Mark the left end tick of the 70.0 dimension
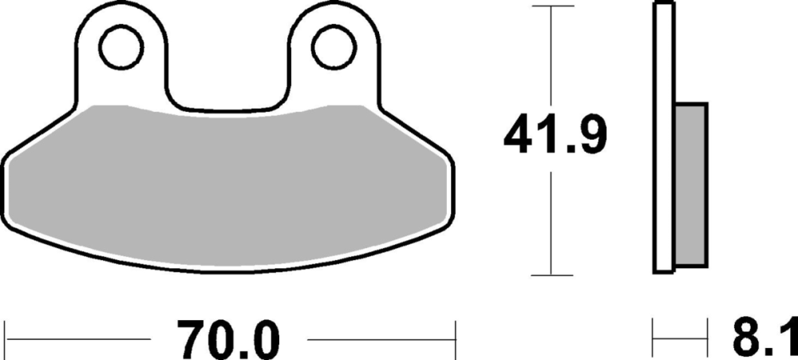tap(6, 340)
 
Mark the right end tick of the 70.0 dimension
tap(454, 340)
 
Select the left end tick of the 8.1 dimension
tap(654, 340)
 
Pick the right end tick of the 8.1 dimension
tap(707, 340)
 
